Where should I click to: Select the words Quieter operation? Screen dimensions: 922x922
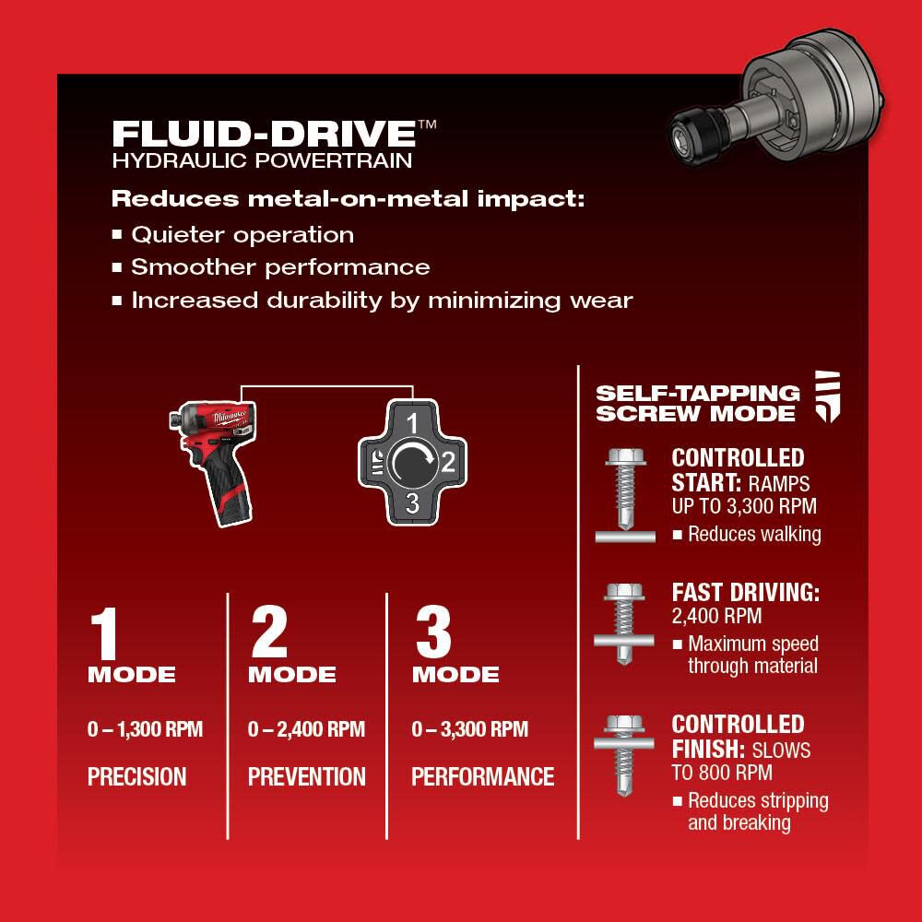242,234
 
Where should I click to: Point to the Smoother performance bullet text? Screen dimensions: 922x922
280,267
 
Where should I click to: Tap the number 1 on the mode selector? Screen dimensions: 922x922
413,423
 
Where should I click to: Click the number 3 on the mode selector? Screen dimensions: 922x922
412,502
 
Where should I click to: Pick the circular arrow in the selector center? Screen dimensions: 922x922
411,463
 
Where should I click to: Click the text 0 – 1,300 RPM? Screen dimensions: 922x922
145,730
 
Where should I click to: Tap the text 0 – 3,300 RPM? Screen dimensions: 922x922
470,730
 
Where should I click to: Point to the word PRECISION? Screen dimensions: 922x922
137,776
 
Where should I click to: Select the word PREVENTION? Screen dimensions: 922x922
307,776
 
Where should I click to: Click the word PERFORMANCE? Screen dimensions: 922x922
483,776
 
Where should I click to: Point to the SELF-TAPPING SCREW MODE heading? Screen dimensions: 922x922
697,403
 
